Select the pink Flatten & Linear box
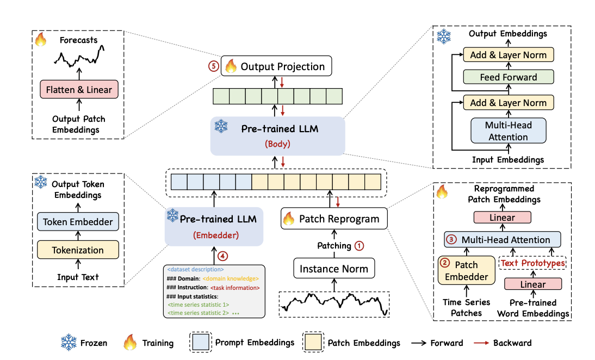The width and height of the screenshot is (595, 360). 79,89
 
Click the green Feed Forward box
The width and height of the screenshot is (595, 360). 509,77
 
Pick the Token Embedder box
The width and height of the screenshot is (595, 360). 78,221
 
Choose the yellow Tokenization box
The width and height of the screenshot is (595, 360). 77,250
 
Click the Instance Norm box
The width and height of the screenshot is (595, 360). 334,269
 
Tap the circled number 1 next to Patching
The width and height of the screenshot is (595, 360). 359,245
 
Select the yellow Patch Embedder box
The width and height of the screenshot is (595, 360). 466,271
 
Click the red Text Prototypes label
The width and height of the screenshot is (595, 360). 532,263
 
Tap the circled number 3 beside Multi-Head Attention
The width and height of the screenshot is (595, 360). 451,239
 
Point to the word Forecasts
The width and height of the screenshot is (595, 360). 79,40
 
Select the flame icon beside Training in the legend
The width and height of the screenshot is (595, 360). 130,343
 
